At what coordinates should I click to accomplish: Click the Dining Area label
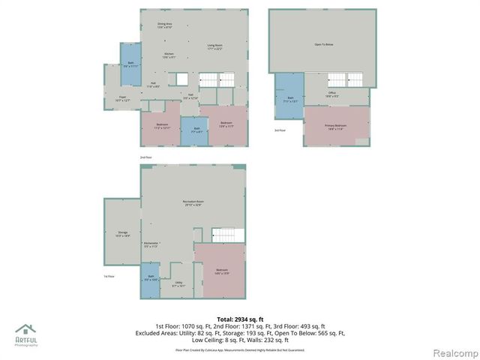(165, 25)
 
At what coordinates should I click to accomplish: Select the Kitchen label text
(169, 55)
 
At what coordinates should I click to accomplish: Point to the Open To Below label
(323, 45)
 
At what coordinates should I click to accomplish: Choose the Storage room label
(124, 234)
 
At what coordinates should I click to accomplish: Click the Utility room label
(178, 283)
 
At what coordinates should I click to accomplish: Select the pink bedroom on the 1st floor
(220, 271)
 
